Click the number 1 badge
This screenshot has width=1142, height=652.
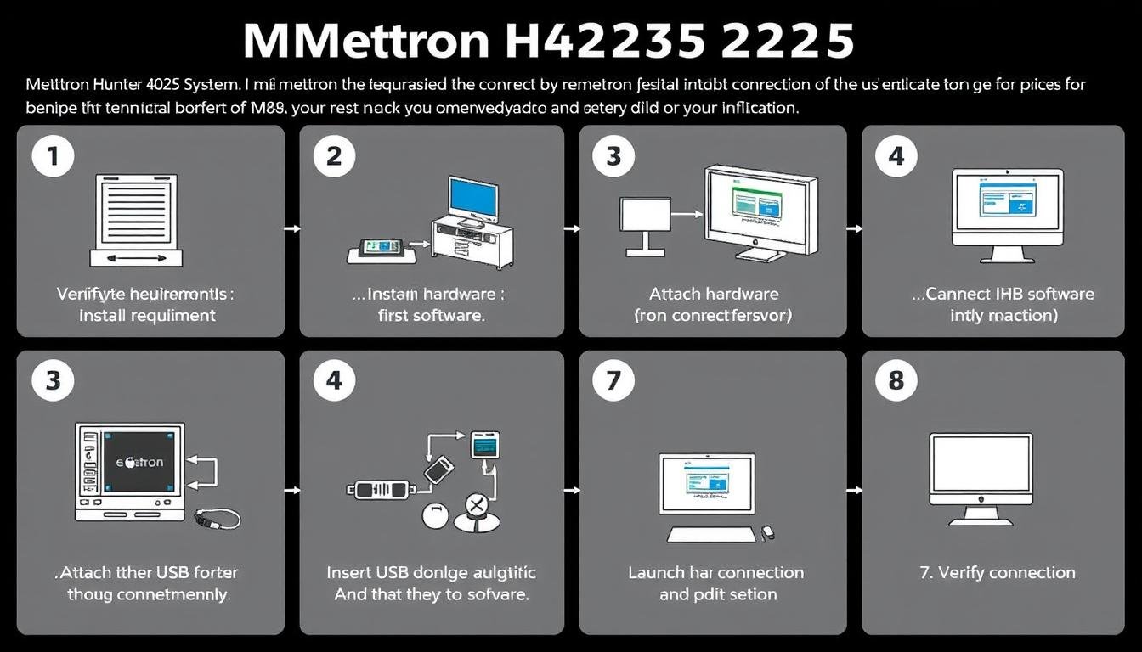click(53, 156)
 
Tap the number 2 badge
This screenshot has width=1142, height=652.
click(334, 156)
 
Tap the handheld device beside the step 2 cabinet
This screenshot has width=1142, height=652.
click(380, 248)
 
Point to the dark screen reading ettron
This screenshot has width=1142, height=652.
click(139, 462)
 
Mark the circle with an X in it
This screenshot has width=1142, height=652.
click(476, 507)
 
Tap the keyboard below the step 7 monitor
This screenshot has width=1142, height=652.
click(710, 535)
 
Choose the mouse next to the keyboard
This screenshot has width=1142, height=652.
click(767, 533)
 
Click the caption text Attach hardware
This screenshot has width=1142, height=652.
click(714, 295)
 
